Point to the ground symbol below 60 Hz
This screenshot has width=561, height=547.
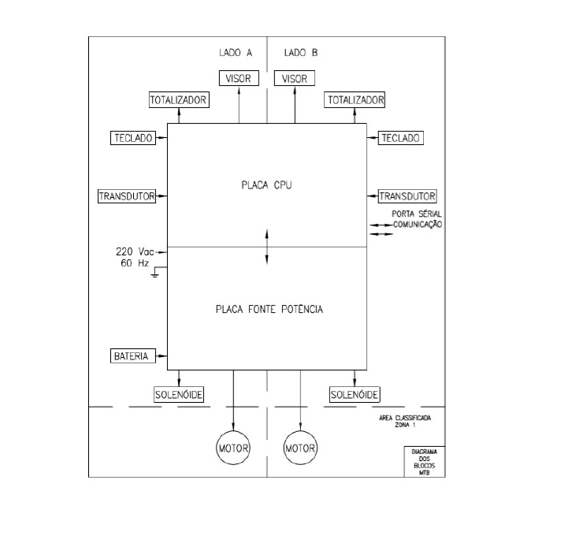(155, 274)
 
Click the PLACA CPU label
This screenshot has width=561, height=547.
(266, 185)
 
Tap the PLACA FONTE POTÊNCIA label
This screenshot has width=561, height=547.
(269, 309)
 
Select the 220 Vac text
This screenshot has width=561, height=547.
(135, 251)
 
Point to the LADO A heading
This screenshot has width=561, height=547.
(236, 53)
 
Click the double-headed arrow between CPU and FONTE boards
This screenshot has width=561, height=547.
(267, 247)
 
